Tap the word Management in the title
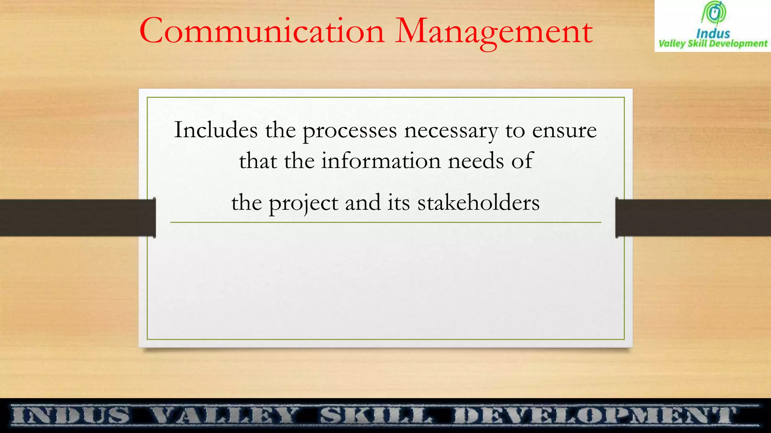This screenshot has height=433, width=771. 494,32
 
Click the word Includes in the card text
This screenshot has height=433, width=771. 216,130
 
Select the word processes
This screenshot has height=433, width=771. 350,131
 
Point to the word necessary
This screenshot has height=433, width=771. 451,132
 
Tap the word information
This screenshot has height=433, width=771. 381,161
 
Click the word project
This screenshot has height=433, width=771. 303,203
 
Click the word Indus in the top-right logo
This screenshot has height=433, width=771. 713,33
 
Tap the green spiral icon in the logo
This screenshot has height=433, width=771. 713,13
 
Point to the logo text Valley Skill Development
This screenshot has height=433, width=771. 713,44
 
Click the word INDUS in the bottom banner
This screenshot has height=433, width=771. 70,416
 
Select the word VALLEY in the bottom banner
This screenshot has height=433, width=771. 225,416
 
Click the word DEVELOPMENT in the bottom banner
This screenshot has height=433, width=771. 595,416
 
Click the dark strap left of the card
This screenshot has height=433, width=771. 75,218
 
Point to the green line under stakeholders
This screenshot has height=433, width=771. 385,223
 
